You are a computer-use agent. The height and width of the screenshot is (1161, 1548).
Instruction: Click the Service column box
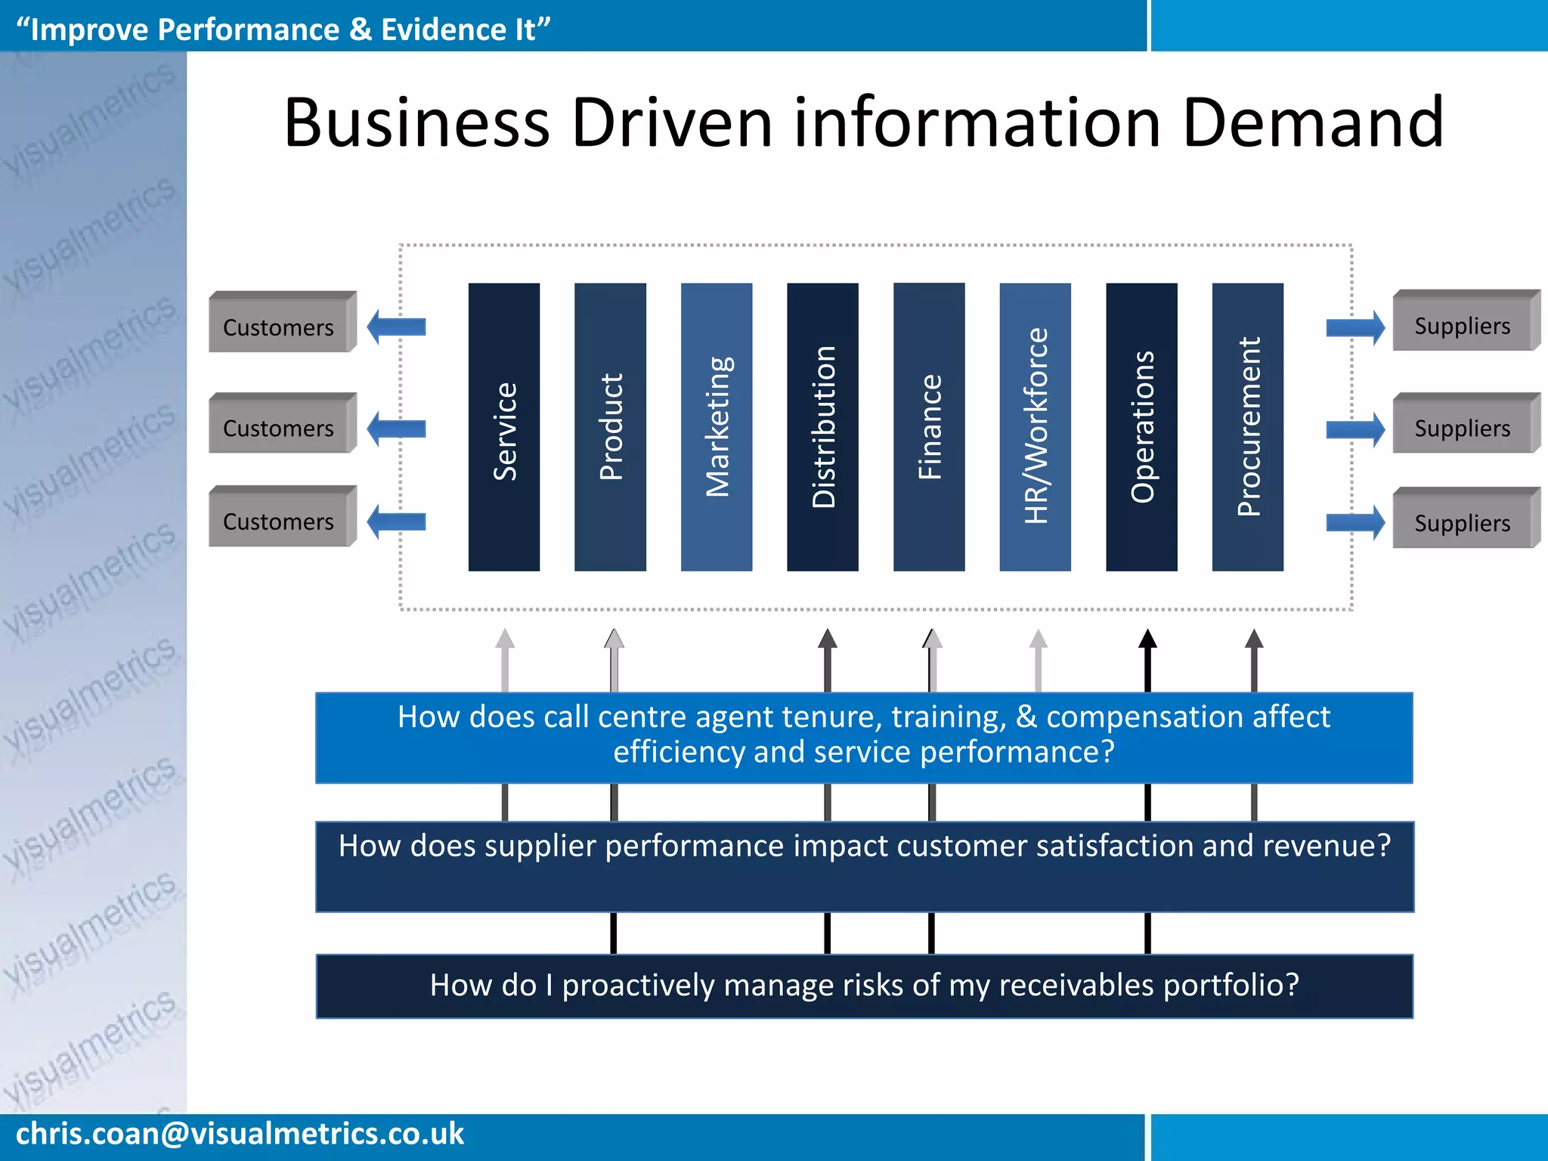(x=504, y=427)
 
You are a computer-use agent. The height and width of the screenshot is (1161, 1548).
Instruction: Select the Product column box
(x=610, y=427)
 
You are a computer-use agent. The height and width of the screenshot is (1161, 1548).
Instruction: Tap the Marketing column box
(x=717, y=427)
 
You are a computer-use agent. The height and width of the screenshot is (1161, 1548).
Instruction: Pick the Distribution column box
(x=822, y=427)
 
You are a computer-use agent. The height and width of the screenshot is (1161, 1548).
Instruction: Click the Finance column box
(x=929, y=427)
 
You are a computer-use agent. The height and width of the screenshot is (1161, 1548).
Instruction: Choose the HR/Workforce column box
(x=1035, y=427)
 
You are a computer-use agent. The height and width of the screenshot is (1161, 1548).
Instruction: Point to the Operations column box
(x=1141, y=427)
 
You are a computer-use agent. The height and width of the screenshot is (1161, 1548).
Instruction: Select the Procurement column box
(x=1247, y=427)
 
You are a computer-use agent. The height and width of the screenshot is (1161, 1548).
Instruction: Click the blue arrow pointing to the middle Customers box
(x=396, y=429)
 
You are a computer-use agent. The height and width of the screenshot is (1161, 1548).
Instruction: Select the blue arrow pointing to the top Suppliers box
(x=1355, y=327)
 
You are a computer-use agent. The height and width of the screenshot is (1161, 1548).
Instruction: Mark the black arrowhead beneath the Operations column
(x=1147, y=640)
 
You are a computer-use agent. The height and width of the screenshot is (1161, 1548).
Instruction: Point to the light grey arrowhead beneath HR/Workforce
(x=1039, y=639)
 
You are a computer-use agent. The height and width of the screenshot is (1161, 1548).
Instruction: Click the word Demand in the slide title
(x=1313, y=122)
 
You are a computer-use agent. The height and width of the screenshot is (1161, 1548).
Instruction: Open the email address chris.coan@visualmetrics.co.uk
(x=240, y=1134)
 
